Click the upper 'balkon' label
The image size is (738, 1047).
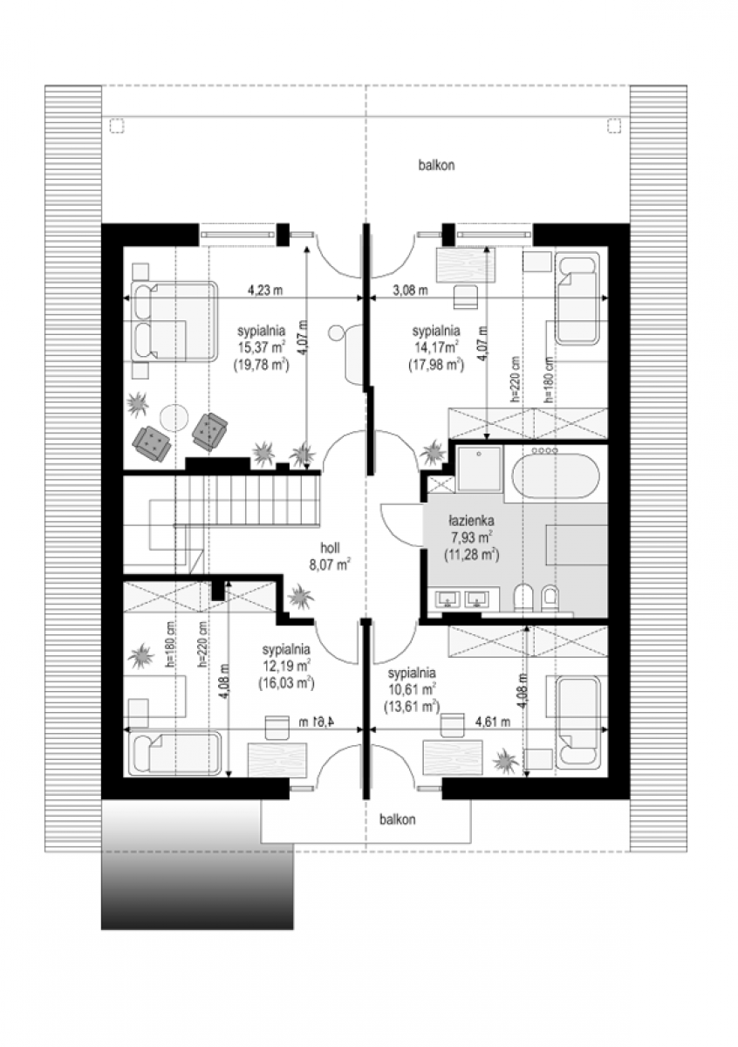click(x=436, y=166)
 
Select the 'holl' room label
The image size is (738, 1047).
click(x=330, y=548)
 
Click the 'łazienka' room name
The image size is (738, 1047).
click(x=471, y=520)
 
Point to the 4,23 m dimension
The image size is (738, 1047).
click(x=265, y=291)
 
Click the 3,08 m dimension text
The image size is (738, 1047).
click(x=410, y=291)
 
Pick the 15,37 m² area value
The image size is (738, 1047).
click(x=262, y=348)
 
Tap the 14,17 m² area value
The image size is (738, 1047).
click(x=435, y=348)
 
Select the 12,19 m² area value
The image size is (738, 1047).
click(x=286, y=666)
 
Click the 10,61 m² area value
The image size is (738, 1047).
click(x=412, y=690)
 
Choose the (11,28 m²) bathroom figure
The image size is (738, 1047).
click(x=471, y=555)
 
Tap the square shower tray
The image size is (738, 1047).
click(x=479, y=469)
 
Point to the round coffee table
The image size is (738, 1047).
click(x=174, y=416)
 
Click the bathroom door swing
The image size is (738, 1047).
click(x=402, y=525)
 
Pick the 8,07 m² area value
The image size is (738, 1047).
click(x=330, y=565)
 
